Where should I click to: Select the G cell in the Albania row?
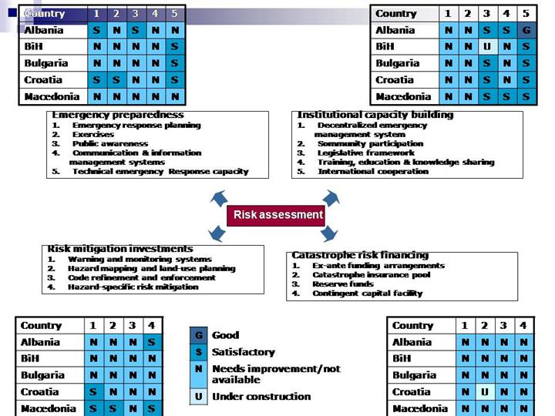point(526,31)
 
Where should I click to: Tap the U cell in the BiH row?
point(487,47)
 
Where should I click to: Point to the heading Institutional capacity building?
point(375,116)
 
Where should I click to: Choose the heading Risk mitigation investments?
point(120,249)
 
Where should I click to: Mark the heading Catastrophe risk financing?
point(360,255)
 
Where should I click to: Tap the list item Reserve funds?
point(345,283)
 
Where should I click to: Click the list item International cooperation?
point(373,171)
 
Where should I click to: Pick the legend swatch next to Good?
point(198,335)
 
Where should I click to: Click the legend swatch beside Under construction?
point(198,397)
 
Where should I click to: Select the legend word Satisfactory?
point(243,352)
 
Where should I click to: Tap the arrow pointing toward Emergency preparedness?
point(218,198)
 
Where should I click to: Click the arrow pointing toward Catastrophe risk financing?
point(329,233)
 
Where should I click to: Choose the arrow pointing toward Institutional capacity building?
point(331,198)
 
